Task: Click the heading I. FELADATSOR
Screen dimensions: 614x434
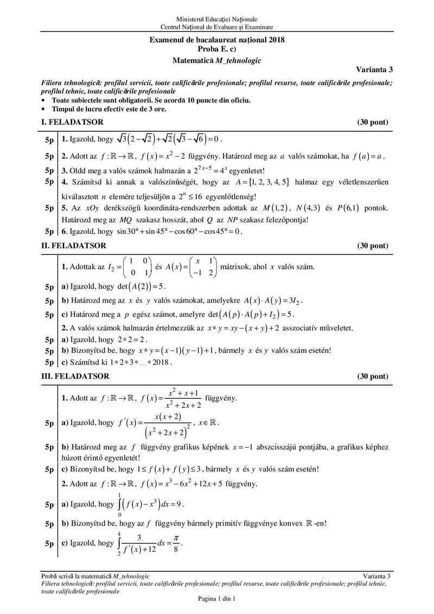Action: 72,122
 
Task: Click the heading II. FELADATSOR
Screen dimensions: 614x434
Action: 74,246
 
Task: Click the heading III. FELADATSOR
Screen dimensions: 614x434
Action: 75,376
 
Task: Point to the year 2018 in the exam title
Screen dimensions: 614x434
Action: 275,39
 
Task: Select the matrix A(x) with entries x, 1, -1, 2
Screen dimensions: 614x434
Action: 201,267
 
